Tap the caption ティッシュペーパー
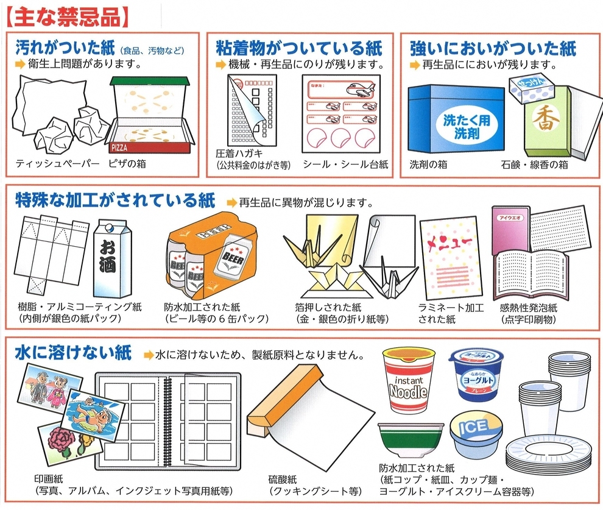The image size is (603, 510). pyautogui.click(x=57, y=164)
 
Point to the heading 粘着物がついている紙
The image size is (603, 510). pyautogui.click(x=299, y=48)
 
